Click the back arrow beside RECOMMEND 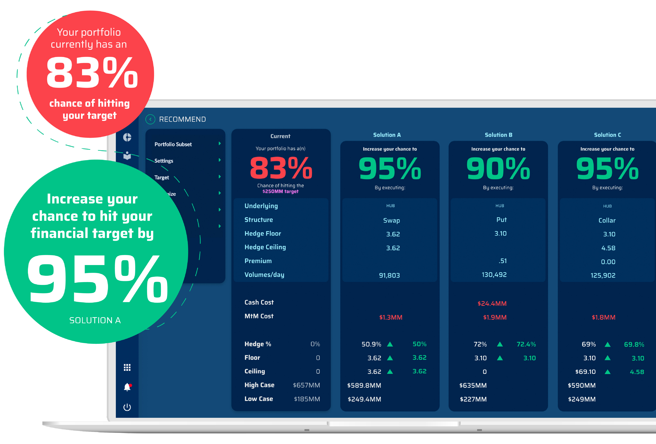coord(150,119)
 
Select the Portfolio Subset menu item coord(173,144)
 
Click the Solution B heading coord(498,135)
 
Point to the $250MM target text coord(280,191)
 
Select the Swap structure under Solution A coord(391,220)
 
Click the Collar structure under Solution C coord(607,220)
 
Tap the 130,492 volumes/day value coord(494,275)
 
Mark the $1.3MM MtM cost coord(391,317)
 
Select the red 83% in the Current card coord(281,169)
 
